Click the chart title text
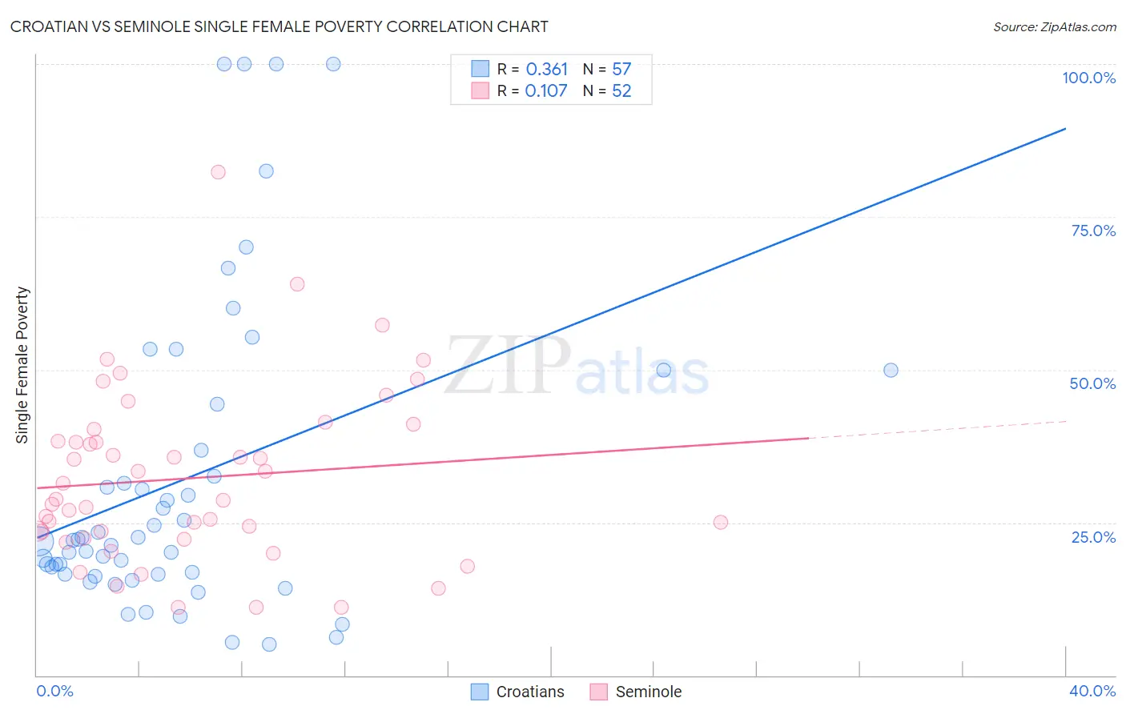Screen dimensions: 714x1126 click(x=279, y=26)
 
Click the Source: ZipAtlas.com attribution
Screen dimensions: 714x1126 click(x=1054, y=26)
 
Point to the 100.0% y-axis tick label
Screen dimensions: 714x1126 click(x=1088, y=78)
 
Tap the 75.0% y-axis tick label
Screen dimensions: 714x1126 click(x=1093, y=231)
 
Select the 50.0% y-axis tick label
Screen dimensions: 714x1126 click(x=1092, y=383)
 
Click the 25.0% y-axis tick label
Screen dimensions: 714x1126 click(x=1093, y=536)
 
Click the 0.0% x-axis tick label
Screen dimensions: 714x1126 click(x=54, y=691)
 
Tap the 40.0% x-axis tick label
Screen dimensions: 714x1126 click(x=1092, y=691)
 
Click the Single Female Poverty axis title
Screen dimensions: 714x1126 click(x=22, y=365)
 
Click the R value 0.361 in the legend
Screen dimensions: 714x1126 click(x=546, y=70)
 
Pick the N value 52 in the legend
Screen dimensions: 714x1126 click(x=621, y=91)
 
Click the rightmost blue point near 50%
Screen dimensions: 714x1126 click(x=891, y=370)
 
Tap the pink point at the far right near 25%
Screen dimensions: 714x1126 click(x=720, y=522)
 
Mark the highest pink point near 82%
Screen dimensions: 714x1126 click(x=218, y=172)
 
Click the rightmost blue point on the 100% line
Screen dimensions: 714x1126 click(x=333, y=64)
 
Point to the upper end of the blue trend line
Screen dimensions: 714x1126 click(x=1065, y=128)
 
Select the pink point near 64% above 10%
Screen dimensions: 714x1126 click(x=297, y=284)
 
